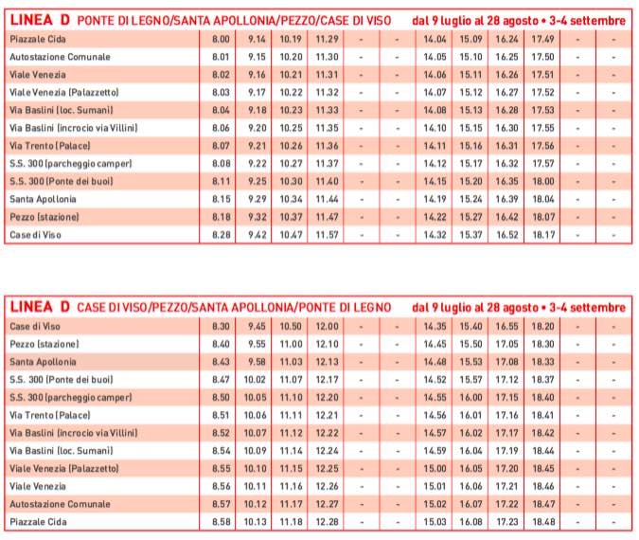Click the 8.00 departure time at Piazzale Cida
pyautogui.click(x=221, y=39)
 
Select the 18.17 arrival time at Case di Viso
pyautogui.click(x=543, y=235)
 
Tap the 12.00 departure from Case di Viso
pyautogui.click(x=327, y=326)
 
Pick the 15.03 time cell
pyautogui.click(x=435, y=522)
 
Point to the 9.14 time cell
pyautogui.click(x=257, y=39)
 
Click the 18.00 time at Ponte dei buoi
pyautogui.click(x=543, y=182)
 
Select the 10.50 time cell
pyautogui.click(x=291, y=326)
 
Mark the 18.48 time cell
pyautogui.click(x=543, y=522)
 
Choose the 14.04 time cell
pyautogui.click(x=435, y=39)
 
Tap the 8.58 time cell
pyautogui.click(x=221, y=522)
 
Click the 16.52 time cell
pyautogui.click(x=507, y=235)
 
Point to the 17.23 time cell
pyautogui.click(x=507, y=522)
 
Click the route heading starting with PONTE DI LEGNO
pyautogui.click(x=235, y=21)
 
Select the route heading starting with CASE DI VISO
pyautogui.click(x=235, y=308)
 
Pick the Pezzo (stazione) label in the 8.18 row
pyautogui.click(x=44, y=217)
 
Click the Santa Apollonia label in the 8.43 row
pyautogui.click(x=43, y=362)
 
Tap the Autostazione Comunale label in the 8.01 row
pyautogui.click(x=60, y=57)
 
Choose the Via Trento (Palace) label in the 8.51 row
pyautogui.click(x=50, y=415)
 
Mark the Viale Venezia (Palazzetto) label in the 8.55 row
pyautogui.click(x=64, y=469)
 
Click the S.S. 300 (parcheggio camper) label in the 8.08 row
pyautogui.click(x=71, y=164)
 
